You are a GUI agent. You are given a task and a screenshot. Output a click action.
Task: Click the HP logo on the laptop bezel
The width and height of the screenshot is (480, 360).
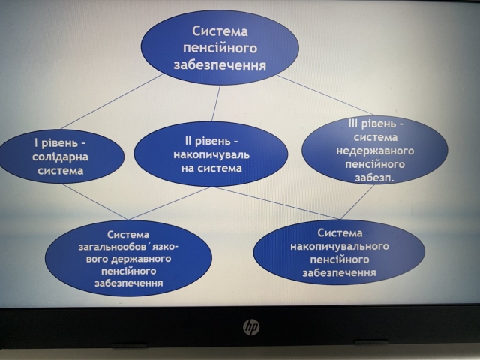click(x=251, y=327)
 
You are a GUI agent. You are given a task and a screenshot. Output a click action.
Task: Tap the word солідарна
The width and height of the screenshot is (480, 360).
click(x=60, y=157)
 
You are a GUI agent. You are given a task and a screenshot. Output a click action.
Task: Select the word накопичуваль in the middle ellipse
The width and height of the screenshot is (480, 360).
click(x=211, y=155)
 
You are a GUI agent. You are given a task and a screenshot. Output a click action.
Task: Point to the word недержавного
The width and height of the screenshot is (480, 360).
click(x=375, y=151)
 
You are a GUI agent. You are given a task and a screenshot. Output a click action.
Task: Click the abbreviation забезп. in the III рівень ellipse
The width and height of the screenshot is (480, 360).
click(x=374, y=178)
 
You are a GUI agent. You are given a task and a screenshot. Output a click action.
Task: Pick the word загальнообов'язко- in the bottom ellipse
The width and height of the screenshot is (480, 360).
click(x=128, y=247)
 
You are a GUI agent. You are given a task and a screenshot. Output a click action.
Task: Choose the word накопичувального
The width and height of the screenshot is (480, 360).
click(x=340, y=246)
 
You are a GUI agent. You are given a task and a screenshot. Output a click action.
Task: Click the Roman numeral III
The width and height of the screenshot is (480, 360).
click(x=353, y=124)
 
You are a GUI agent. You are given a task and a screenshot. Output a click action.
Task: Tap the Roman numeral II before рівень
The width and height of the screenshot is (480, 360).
click(x=187, y=141)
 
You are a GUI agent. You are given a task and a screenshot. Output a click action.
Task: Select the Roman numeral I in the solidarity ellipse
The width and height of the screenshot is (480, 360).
click(x=36, y=143)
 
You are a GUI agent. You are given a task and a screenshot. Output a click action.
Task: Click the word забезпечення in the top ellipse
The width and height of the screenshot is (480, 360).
click(x=220, y=65)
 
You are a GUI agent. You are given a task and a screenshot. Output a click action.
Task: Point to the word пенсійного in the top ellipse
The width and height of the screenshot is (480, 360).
click(x=220, y=48)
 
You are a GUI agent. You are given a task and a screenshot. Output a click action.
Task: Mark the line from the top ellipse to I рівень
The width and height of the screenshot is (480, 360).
click(x=112, y=101)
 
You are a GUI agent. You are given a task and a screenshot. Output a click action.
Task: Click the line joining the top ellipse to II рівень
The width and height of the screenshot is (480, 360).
click(x=216, y=103)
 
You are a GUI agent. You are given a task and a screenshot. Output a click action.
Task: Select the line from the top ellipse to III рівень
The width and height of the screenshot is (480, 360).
click(x=325, y=95)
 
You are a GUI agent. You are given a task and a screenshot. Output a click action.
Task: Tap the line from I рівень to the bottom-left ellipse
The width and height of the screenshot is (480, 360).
click(x=94, y=202)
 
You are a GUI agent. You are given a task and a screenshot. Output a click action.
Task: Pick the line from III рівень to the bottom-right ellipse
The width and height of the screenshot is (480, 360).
click(x=357, y=202)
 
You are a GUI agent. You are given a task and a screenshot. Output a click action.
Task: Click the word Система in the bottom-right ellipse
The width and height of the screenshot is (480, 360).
click(x=340, y=233)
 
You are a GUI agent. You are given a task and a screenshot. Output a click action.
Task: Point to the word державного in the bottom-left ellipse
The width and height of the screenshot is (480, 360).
click(x=141, y=259)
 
